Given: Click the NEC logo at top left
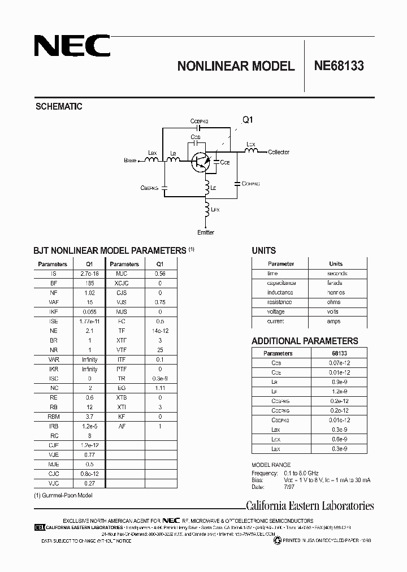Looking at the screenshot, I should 72,46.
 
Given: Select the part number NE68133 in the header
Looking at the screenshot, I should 339,66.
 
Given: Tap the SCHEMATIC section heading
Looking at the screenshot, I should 59,106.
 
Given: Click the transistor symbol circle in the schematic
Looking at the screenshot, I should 200,162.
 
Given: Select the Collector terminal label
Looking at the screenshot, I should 279,152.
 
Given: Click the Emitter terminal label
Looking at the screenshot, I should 206,232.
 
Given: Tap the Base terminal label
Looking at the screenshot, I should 130,161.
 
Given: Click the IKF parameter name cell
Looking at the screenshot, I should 53,311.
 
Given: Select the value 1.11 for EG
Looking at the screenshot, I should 160,388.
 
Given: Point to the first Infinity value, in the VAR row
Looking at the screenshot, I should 89,359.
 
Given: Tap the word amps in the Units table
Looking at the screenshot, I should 334,321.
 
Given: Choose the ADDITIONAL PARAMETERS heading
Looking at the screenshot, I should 305,341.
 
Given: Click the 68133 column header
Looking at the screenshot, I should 339,353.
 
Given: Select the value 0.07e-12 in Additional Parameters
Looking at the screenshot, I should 339,363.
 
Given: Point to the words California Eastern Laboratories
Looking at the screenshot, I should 310,506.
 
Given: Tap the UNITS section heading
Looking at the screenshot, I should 263,250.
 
